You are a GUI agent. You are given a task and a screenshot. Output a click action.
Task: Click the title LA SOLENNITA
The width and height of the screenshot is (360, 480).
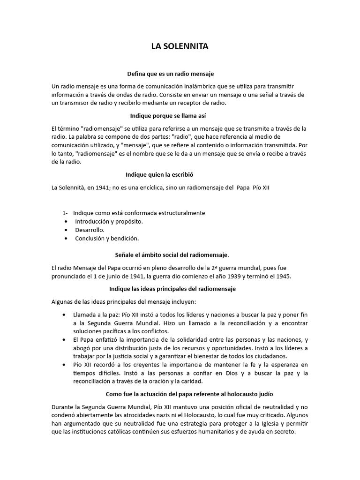point(180,46)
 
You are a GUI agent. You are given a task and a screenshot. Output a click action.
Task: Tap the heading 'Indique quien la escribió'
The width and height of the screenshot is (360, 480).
point(159,174)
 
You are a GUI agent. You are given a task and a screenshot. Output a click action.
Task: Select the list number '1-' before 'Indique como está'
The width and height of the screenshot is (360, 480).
point(66,213)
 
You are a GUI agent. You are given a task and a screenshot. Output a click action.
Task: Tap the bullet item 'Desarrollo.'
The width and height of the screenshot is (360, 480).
point(90,230)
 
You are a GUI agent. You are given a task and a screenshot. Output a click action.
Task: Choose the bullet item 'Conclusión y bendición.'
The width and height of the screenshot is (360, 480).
point(107,238)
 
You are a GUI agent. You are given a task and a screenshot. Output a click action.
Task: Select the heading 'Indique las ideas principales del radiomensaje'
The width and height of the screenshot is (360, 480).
point(172,289)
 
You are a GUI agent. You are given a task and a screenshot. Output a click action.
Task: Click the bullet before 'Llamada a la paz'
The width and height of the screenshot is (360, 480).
point(64,314)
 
